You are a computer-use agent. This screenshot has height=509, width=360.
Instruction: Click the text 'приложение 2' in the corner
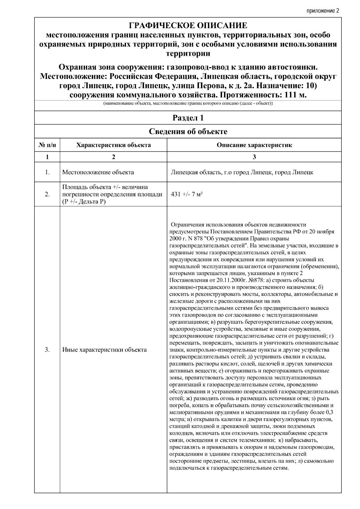click(x=323, y=11)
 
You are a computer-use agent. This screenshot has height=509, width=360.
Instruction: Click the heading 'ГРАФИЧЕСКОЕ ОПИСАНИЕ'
click(x=188, y=25)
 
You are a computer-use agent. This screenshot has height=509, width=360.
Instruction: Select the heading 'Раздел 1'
click(x=188, y=118)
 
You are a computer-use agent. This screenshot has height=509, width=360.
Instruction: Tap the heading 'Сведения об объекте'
click(x=188, y=131)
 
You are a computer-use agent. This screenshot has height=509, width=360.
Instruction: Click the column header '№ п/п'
click(x=47, y=145)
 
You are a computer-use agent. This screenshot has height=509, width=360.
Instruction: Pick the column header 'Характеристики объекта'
click(x=113, y=145)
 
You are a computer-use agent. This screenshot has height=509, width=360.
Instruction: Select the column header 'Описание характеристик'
click(x=254, y=145)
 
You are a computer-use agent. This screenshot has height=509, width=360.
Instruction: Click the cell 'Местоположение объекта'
click(x=98, y=172)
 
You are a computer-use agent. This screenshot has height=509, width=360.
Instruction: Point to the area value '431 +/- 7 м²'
click(x=187, y=194)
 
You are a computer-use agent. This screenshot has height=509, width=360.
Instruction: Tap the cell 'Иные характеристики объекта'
click(x=104, y=350)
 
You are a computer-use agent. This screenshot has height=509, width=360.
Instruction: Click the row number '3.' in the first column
click(x=47, y=350)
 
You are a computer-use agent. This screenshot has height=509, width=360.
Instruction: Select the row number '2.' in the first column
click(x=47, y=194)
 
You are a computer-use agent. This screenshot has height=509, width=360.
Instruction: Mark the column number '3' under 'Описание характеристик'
click(x=254, y=157)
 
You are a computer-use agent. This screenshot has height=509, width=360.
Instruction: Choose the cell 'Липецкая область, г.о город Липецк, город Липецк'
click(x=242, y=172)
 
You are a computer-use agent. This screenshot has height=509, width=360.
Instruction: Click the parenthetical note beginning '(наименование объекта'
click(x=188, y=103)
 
